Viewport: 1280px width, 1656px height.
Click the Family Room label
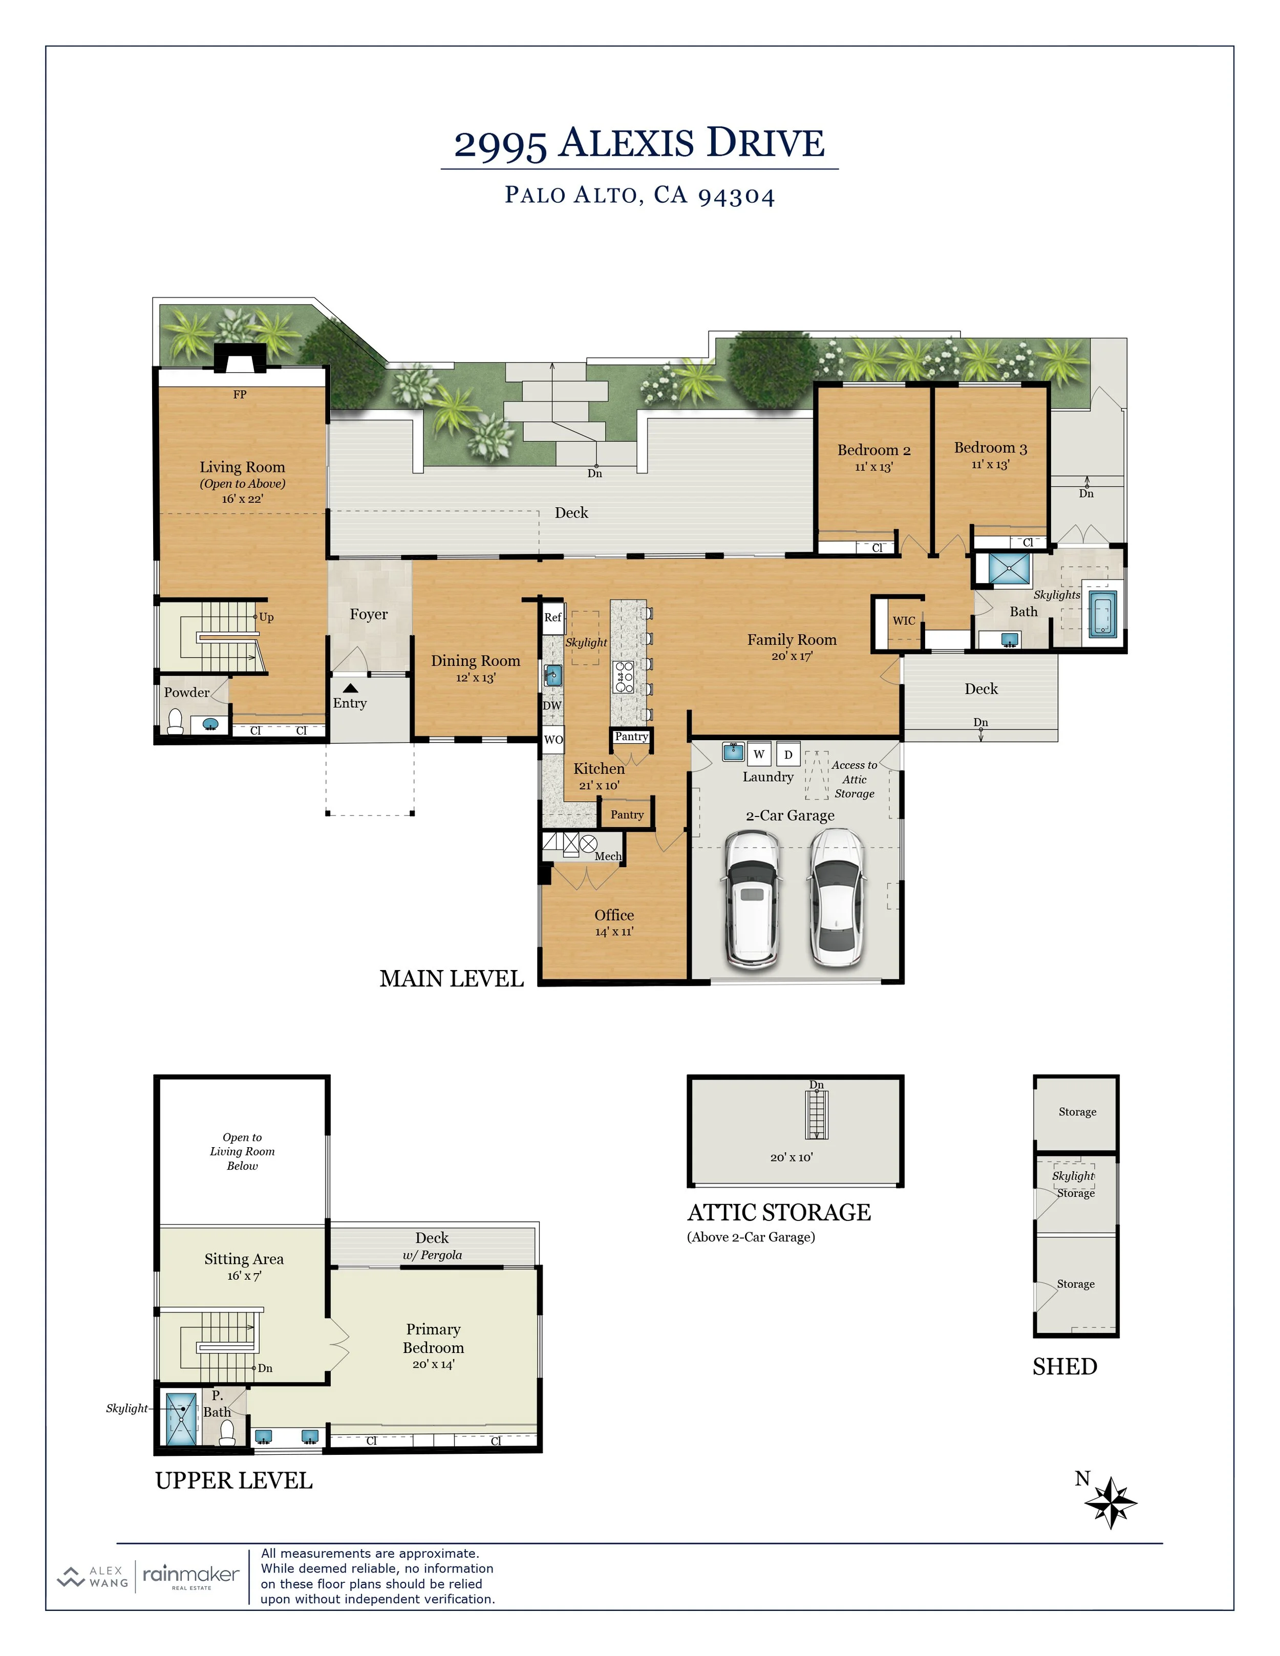click(x=792, y=639)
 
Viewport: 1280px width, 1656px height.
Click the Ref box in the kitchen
click(x=553, y=617)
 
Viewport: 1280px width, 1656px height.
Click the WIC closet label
click(x=904, y=620)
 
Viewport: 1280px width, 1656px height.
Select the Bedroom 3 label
click(x=990, y=447)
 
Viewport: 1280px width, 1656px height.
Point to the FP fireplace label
click(x=240, y=394)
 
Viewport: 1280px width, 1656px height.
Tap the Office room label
click(x=614, y=915)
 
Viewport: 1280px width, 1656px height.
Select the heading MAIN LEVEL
click(x=452, y=979)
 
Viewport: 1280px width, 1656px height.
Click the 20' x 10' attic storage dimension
click(x=792, y=1157)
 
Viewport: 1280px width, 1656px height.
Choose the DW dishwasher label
click(x=552, y=705)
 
